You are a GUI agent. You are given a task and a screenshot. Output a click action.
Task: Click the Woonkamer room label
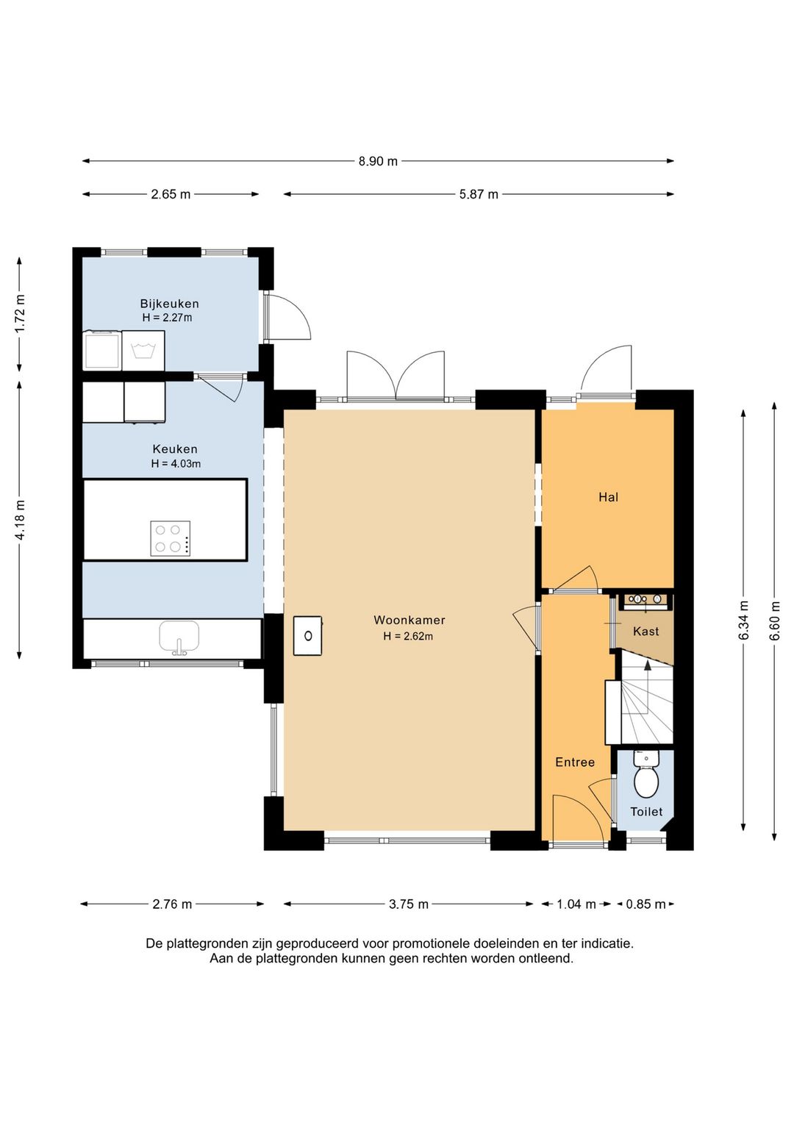[x=409, y=620]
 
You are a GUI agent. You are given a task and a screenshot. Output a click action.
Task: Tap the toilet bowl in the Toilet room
[x=645, y=782]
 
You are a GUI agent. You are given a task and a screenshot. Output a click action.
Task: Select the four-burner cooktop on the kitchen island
[x=171, y=538]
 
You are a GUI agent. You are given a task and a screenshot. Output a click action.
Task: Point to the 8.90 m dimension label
[x=378, y=161]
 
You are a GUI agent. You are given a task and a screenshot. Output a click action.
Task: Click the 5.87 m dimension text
[x=479, y=194]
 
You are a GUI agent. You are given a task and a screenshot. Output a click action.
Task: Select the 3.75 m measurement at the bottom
[x=409, y=904]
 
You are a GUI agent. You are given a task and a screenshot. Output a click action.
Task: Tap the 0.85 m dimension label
[x=645, y=904]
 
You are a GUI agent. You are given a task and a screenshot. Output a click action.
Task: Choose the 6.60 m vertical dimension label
[x=775, y=620]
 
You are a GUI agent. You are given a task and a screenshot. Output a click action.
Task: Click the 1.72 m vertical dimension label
[x=20, y=313]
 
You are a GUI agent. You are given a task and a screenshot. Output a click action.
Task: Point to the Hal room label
[x=608, y=497]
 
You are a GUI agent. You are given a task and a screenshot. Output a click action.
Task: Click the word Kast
[x=645, y=631]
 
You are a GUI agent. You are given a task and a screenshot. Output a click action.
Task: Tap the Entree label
[x=575, y=762]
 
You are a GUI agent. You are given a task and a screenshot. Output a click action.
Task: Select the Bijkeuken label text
[x=169, y=304]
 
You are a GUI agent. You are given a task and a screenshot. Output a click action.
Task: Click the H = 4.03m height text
[x=176, y=464]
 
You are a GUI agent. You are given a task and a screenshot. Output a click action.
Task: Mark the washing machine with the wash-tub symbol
[x=143, y=350]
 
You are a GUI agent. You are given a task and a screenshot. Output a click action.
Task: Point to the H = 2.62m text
[x=408, y=636]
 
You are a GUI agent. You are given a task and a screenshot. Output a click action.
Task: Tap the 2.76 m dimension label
[x=172, y=904]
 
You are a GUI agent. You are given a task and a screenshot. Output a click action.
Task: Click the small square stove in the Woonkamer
[x=307, y=636]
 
